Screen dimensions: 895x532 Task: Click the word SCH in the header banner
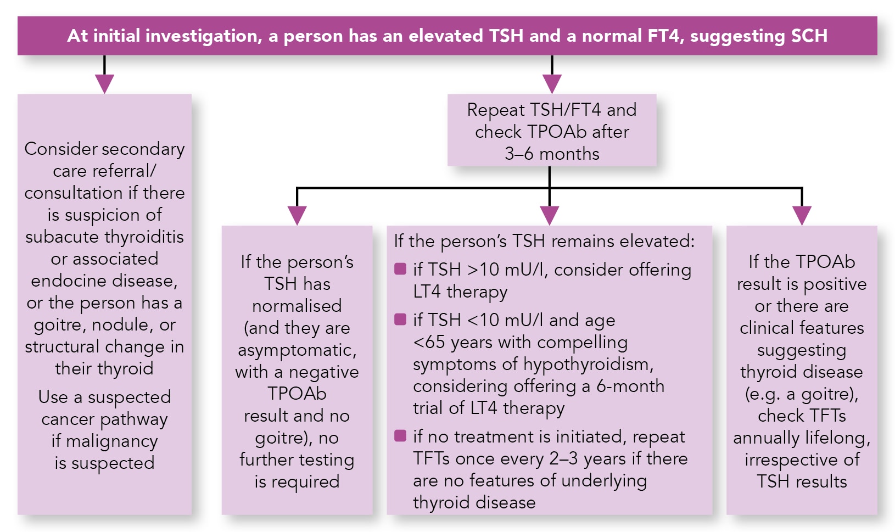pos(809,36)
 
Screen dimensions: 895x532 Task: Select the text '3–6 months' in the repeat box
pos(552,154)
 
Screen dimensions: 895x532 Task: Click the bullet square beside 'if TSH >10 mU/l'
pos(400,269)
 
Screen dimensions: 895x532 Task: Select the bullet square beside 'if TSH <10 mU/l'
pos(400,319)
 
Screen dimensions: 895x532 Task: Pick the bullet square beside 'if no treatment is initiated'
pos(400,435)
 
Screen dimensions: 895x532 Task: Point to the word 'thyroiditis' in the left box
pos(144,237)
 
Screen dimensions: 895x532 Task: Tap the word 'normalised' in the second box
pos(297,306)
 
